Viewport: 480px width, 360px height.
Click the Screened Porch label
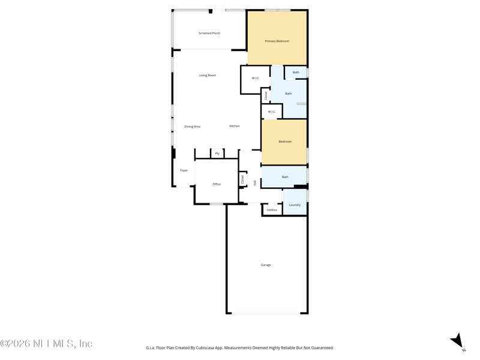tap(209, 33)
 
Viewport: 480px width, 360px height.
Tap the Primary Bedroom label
tap(277, 41)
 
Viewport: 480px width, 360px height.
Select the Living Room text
tap(208, 76)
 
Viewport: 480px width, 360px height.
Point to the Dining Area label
tap(192, 127)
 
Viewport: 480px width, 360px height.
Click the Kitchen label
tap(235, 126)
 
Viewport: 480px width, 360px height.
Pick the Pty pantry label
tap(217, 154)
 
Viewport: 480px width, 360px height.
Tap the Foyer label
tap(184, 170)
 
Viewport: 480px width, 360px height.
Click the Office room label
tap(217, 184)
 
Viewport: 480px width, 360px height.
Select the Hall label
tap(254, 183)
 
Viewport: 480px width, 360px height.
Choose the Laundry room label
tap(295, 205)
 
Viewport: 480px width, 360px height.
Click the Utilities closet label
tap(272, 210)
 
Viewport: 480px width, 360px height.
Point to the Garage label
tap(266, 265)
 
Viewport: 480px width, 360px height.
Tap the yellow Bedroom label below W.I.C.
tap(285, 142)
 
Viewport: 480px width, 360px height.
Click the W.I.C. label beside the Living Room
tap(256, 79)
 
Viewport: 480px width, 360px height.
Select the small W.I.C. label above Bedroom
tap(272, 112)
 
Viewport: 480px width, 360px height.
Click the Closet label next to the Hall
tap(242, 179)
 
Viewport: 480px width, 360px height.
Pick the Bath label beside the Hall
tap(285, 177)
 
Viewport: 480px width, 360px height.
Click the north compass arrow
tap(458, 341)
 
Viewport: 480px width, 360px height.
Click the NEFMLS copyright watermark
tap(46, 344)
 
